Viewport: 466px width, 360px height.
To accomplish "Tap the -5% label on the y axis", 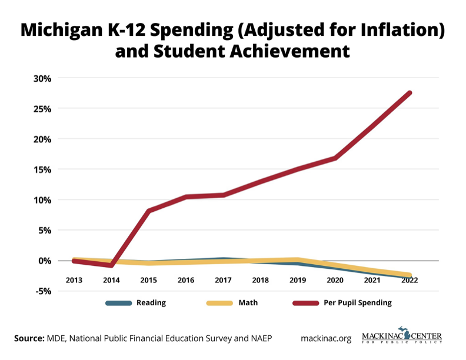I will click(42, 291).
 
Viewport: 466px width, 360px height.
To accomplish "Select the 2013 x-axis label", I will click(74, 280).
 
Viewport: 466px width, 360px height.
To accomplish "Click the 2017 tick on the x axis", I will click(224, 280).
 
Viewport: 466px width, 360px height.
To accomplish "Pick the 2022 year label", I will click(410, 280).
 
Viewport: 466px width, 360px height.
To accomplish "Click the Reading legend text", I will click(151, 303).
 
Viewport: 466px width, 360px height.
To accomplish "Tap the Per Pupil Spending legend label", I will click(358, 303).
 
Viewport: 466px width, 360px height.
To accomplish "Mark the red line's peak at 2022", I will click(410, 93).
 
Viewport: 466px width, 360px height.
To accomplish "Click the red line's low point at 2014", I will click(111, 265).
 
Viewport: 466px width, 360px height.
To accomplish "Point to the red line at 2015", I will click(149, 211).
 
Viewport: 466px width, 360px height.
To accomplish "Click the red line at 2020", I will click(335, 158).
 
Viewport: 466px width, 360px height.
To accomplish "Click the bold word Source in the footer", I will click(29, 338).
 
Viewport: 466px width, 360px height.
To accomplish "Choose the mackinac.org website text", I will click(326, 338).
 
